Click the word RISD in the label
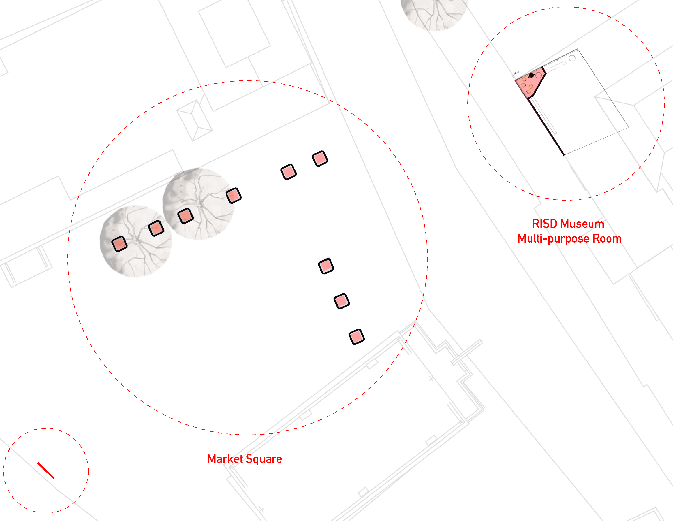544,224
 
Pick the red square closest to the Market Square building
356,337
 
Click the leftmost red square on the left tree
120,244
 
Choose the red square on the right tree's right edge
234,195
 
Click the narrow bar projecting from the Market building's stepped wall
467,352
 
